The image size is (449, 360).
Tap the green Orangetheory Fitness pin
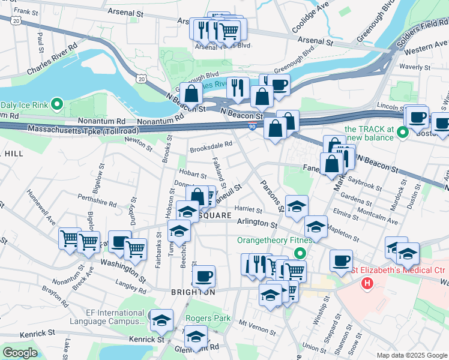point(303,254)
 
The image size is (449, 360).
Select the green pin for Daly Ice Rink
point(57,104)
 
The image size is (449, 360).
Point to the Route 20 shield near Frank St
point(16,20)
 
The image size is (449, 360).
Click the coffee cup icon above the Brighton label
point(204,275)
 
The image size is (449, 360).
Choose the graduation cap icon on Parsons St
point(297,206)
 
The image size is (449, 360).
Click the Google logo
point(20,353)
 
